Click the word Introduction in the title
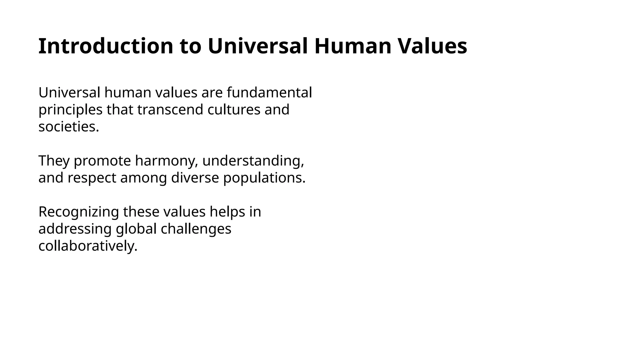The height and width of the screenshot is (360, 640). coord(106,46)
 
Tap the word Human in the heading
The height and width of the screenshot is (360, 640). coord(353,46)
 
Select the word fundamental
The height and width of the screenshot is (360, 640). coord(269,92)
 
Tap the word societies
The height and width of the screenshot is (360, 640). coord(68,127)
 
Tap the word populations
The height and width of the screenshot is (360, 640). coord(264,178)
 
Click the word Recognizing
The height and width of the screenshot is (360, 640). coord(78,212)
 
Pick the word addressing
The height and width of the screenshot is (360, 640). coord(75,229)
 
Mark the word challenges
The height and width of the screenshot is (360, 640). coord(196,229)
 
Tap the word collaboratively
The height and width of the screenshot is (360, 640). coord(88,246)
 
